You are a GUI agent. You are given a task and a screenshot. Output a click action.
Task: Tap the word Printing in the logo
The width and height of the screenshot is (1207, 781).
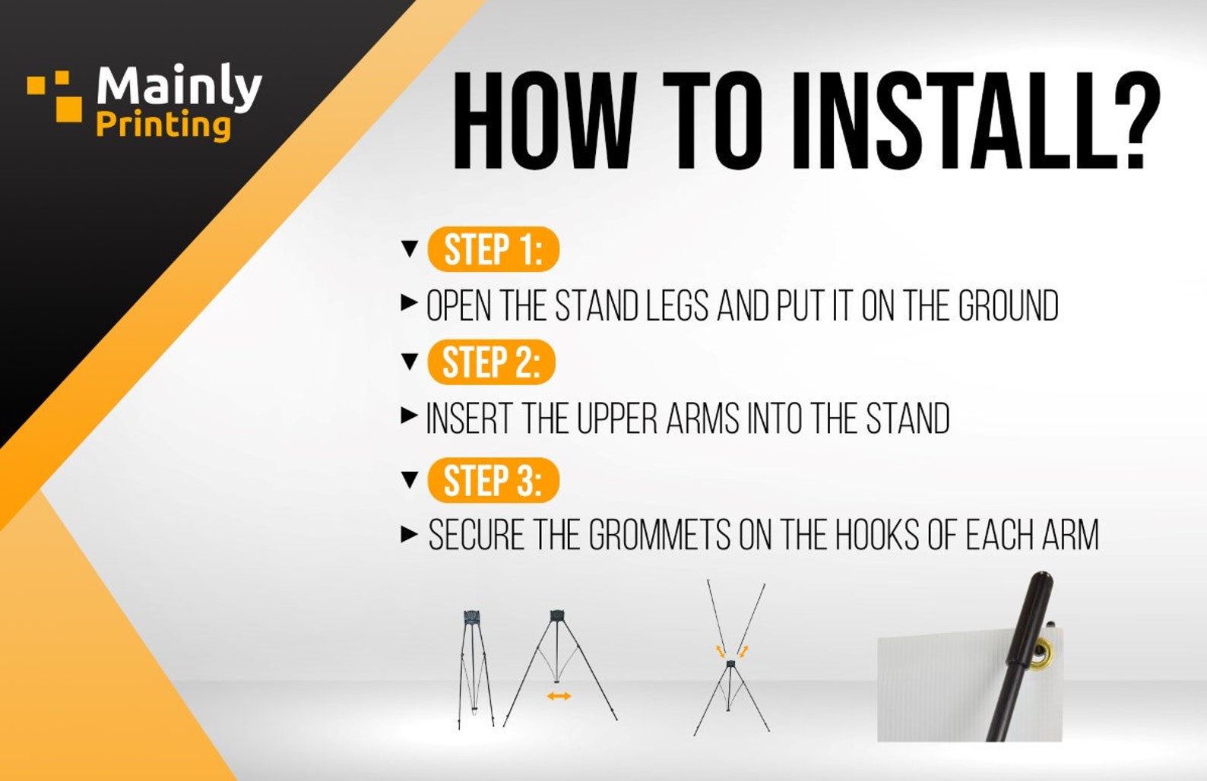[x=163, y=125]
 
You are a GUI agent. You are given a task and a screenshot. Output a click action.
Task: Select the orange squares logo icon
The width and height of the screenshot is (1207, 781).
[x=55, y=96]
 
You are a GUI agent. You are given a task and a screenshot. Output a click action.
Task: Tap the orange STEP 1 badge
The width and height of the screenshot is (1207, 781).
[x=493, y=249]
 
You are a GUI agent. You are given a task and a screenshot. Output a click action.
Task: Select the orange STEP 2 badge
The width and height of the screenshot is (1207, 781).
[x=491, y=362]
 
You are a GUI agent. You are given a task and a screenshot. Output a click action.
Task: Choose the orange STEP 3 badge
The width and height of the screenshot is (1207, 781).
[x=493, y=480]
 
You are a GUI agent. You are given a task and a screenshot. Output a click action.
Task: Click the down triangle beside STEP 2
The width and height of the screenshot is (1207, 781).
[x=410, y=362]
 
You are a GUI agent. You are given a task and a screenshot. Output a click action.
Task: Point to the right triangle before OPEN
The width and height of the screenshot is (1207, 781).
[x=409, y=302]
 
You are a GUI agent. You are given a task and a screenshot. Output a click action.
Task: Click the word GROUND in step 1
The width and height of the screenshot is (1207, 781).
[x=1009, y=305]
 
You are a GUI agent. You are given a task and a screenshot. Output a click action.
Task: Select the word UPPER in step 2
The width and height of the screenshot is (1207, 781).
[x=617, y=418]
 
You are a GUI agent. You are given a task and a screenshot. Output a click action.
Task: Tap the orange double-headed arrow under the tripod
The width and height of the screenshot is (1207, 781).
[x=559, y=697]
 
